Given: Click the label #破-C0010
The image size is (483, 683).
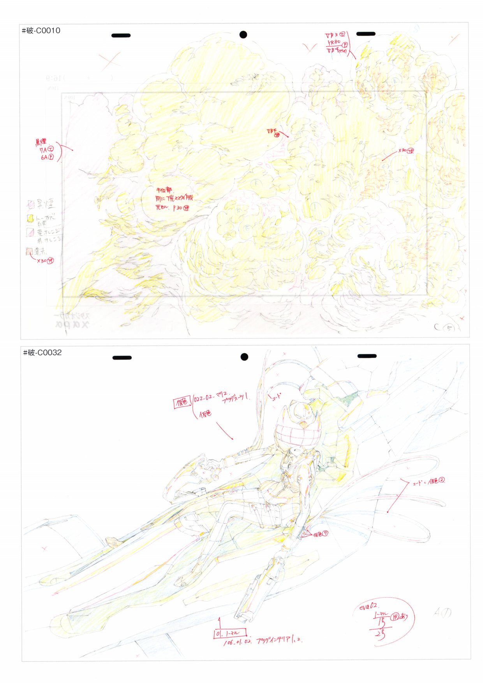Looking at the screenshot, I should point(41,31).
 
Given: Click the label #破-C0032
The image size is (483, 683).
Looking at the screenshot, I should point(42,353).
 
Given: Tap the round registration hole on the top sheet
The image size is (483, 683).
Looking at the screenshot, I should point(243,35).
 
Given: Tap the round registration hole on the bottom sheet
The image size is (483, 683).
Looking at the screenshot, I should point(244,357).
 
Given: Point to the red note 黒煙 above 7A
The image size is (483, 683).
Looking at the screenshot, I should point(41,142).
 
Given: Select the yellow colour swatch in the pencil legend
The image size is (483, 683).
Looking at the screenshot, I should point(30,219).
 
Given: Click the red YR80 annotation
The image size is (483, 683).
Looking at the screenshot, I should point(334,42).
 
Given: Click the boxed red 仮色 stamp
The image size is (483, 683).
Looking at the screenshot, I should point(182,402).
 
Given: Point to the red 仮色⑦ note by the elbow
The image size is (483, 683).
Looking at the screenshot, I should point(320,534).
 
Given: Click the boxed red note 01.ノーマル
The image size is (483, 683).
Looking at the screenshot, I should point(230,633).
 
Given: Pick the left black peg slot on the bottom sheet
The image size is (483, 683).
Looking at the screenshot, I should point(122,358).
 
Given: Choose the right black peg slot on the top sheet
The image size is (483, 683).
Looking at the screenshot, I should point(366,34).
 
